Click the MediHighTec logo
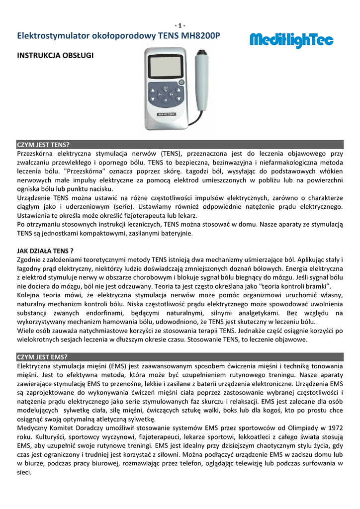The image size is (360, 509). [291, 40]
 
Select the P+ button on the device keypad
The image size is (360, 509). [171, 94]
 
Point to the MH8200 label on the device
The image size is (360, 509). [165, 114]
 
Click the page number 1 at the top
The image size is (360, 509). [180, 26]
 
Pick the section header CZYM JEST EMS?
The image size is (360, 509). [42, 357]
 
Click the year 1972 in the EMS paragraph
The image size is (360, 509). [334, 428]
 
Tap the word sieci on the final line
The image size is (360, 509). [24, 473]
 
